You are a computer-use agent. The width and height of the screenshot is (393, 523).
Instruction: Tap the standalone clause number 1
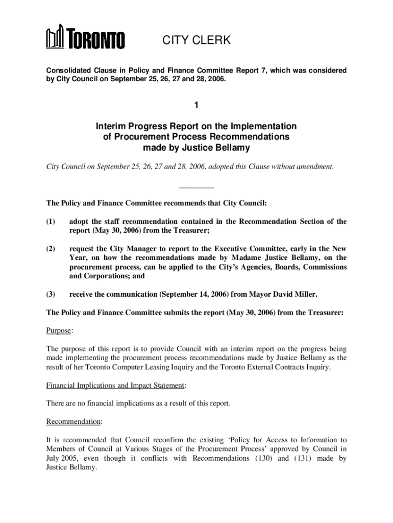pos(196,105)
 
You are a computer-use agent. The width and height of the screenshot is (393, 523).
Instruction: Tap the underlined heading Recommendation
pos(73,422)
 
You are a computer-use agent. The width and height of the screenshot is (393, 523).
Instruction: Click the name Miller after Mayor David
pos(306,294)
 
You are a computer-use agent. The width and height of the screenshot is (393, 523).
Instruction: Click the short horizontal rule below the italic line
pos(196,188)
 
